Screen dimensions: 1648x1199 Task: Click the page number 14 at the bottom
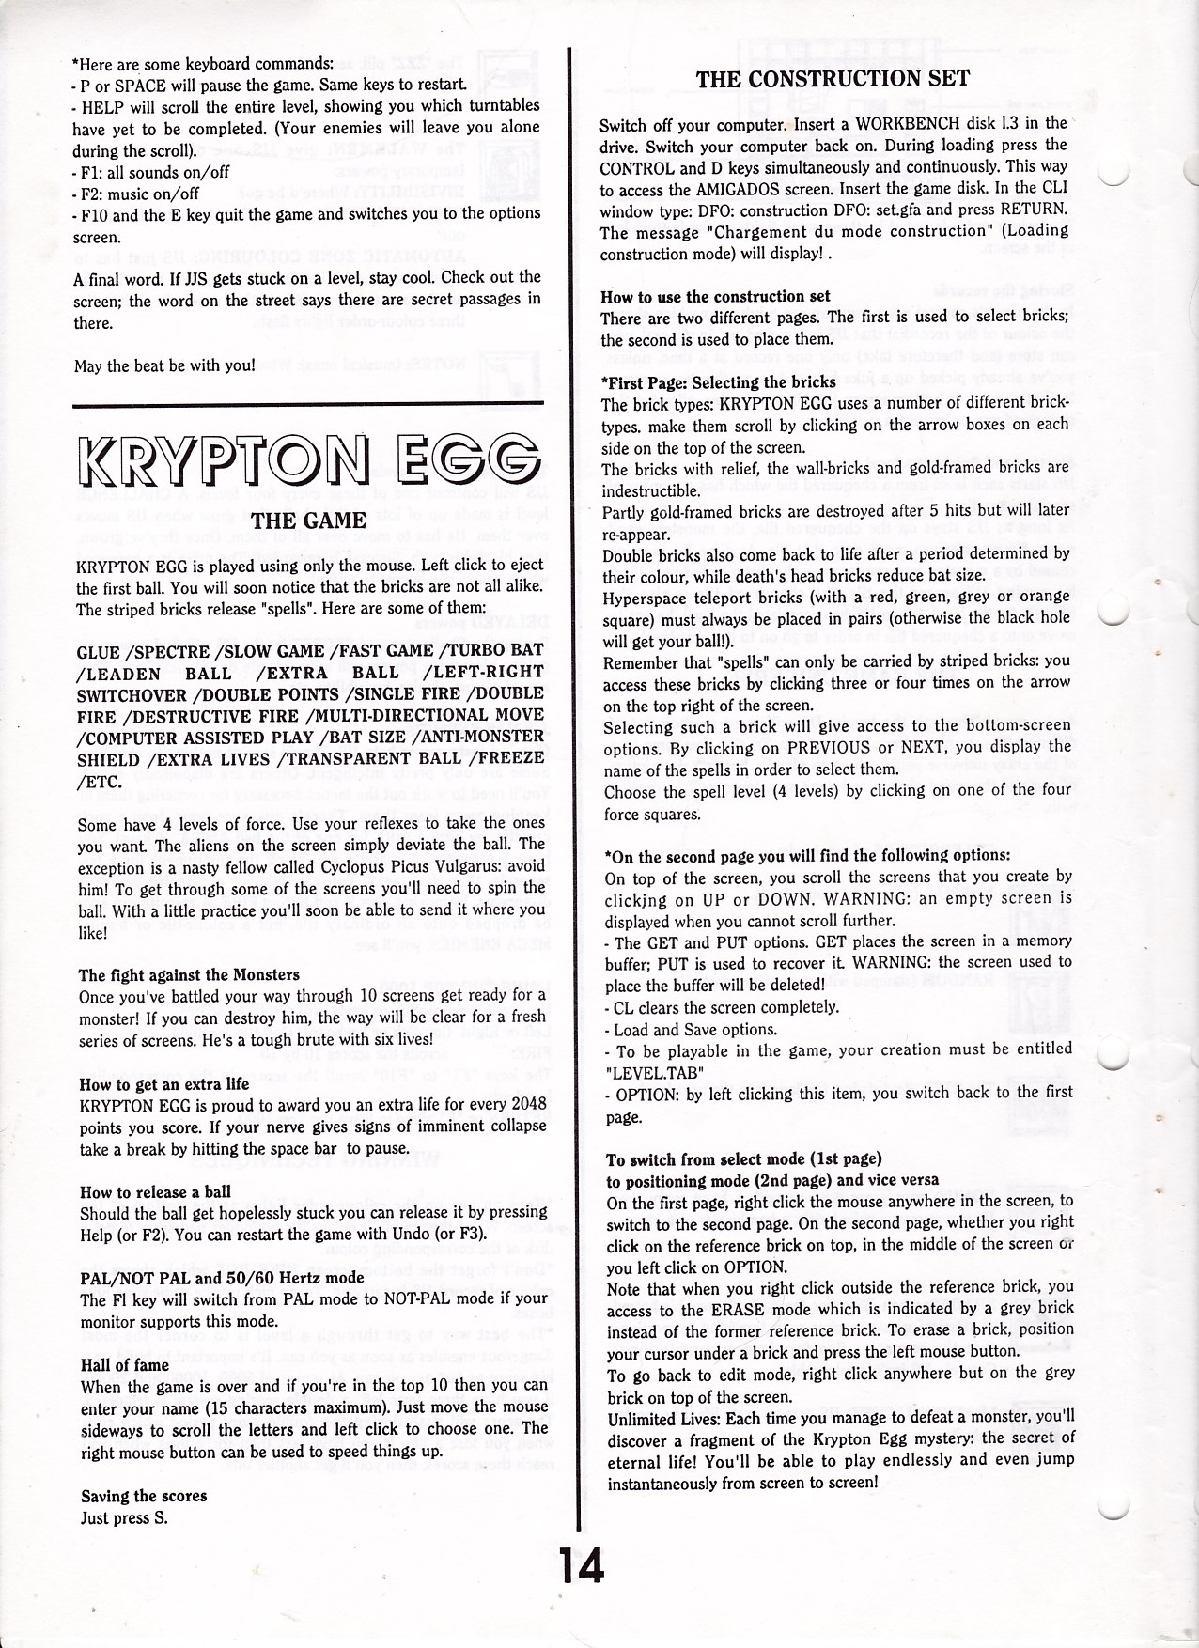(x=582, y=1565)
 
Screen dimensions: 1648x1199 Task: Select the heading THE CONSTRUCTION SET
(x=832, y=79)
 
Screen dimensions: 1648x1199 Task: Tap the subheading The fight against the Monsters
(x=189, y=974)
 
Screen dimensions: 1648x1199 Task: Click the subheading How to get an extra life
(x=164, y=1083)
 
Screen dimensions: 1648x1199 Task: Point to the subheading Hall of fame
(x=125, y=1364)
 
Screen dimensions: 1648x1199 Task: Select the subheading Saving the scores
(x=144, y=1495)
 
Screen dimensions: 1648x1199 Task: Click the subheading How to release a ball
(x=155, y=1191)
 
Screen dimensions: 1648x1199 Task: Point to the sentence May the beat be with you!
(x=164, y=365)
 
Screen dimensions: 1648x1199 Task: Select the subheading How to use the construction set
(x=715, y=296)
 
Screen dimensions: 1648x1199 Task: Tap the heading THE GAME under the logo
(x=308, y=521)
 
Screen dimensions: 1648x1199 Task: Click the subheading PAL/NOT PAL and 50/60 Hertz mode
(x=222, y=1278)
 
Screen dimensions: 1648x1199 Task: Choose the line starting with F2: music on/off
(x=138, y=194)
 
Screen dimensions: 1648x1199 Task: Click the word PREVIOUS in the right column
(x=830, y=747)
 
